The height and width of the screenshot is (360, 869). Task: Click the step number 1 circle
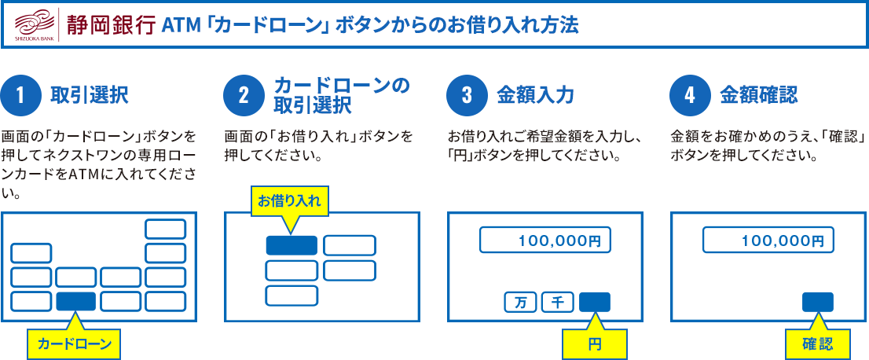click(21, 96)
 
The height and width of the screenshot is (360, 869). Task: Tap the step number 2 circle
click(244, 96)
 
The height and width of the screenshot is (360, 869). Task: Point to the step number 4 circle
click(690, 96)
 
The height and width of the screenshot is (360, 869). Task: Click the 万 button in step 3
click(520, 303)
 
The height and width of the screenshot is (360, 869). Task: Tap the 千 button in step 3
click(558, 303)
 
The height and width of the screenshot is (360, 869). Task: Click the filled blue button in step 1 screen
click(76, 301)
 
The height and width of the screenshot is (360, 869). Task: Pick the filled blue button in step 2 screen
click(291, 245)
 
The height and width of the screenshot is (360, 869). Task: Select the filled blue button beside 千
click(595, 303)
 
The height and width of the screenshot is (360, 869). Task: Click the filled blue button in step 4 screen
click(817, 303)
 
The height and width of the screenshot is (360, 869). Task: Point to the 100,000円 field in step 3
click(544, 241)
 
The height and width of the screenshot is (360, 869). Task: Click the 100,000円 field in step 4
click(768, 241)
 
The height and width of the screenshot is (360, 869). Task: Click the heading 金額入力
click(535, 96)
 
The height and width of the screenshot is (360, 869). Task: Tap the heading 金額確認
click(759, 96)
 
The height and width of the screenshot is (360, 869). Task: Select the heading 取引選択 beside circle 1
click(90, 96)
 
